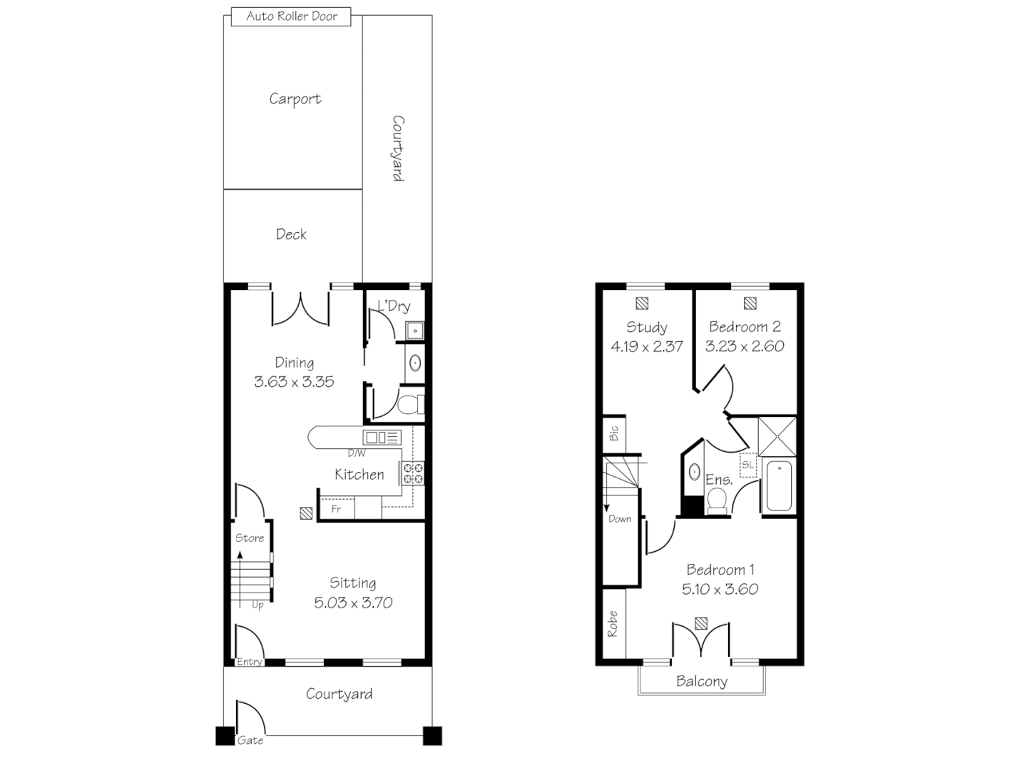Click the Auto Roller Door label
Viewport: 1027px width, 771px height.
point(292,16)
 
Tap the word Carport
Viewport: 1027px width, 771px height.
point(295,99)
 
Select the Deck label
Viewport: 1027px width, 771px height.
point(291,234)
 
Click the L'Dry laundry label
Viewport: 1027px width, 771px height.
point(394,306)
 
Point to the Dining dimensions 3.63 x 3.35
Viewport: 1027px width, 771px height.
point(294,382)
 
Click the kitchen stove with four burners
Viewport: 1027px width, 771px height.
point(413,474)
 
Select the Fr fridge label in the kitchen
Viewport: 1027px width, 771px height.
point(336,509)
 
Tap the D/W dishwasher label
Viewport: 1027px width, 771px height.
point(357,453)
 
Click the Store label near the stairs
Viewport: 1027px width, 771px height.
point(250,538)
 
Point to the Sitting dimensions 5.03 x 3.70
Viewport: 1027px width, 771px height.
point(353,603)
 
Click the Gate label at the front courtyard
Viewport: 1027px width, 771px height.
point(250,740)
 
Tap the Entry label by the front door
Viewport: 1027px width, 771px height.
point(249,662)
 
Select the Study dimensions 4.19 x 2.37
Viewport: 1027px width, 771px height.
point(646,346)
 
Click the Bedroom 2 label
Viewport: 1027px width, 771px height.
point(745,327)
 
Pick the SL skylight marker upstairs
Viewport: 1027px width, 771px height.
point(747,465)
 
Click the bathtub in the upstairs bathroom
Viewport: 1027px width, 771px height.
point(779,487)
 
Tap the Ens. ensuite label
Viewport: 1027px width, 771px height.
point(718,480)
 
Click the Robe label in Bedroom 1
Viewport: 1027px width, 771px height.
point(613,624)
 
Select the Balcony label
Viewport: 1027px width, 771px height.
point(702,682)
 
